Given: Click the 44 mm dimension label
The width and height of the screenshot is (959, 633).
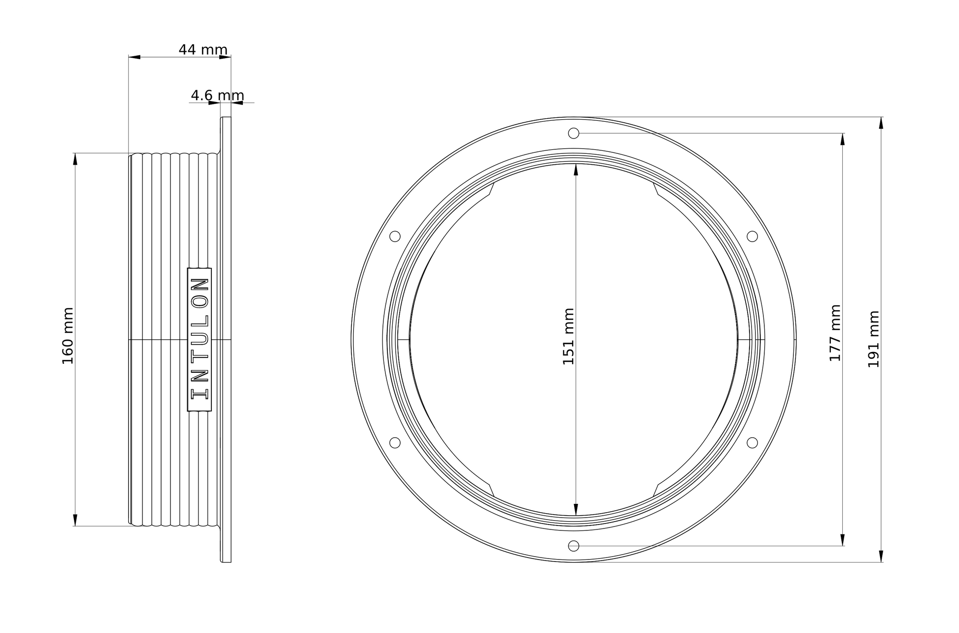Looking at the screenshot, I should pos(203,50).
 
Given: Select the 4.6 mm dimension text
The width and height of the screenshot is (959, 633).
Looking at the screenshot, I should pos(217,95).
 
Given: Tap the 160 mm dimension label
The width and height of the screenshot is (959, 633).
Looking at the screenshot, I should pos(68,336).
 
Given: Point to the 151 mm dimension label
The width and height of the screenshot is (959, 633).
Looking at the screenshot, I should pos(568,336).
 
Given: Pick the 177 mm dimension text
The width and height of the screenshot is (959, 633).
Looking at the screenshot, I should pos(834,333).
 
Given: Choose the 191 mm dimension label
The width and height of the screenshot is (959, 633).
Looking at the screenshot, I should pos(873,339).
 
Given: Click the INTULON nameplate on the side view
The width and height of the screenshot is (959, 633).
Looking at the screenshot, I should pos(200,339).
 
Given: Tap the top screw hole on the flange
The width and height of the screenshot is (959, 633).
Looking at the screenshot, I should pos(574,133).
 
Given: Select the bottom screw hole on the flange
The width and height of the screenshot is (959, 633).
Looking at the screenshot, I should pos(574,546).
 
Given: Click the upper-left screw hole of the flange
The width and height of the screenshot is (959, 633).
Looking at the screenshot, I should pos(395,236).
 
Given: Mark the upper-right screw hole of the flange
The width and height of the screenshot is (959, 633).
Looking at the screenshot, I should pos(752,236).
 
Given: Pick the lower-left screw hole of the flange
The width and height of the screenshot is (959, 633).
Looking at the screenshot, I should pos(395,443).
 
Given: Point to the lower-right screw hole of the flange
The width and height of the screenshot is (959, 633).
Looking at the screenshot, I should pos(752,443).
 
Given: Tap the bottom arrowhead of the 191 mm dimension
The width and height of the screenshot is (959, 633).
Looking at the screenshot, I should pos(881,556).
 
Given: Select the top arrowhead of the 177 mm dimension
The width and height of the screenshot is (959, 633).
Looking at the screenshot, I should pos(842,140).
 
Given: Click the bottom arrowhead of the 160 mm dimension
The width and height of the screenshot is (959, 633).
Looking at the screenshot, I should pos(75,520).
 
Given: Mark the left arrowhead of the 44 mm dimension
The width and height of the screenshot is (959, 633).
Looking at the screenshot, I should pos(135,57).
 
